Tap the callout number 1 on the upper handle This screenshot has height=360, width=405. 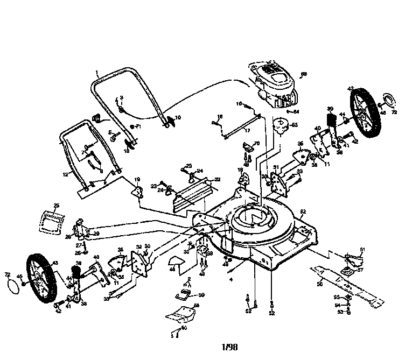(97, 72)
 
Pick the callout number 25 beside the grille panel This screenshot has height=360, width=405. (56, 206)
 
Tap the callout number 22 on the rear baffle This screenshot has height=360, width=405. (202, 179)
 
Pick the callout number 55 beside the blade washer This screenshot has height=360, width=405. (336, 297)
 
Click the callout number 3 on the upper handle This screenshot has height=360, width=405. (121, 97)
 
